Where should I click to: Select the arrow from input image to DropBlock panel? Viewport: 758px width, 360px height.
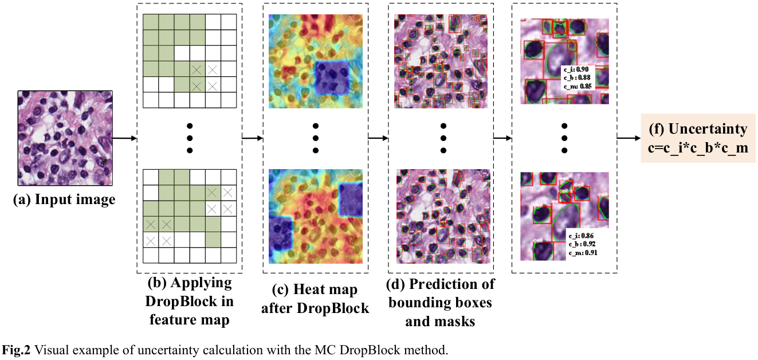[125, 138]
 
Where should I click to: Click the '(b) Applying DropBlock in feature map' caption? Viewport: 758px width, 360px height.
[190, 301]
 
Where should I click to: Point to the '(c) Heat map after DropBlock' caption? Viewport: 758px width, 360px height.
[315, 299]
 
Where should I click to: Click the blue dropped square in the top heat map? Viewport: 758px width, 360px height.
[333, 77]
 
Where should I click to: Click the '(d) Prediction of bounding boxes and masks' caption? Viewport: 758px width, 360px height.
[441, 303]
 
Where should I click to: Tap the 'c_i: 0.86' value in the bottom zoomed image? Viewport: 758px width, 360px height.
[582, 235]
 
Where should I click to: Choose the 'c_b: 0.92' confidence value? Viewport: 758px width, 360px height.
[582, 244]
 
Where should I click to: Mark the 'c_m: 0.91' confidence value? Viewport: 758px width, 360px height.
[583, 252]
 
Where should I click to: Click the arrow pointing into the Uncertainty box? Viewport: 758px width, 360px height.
[628, 138]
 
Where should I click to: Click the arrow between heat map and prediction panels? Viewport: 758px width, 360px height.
[377, 138]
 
